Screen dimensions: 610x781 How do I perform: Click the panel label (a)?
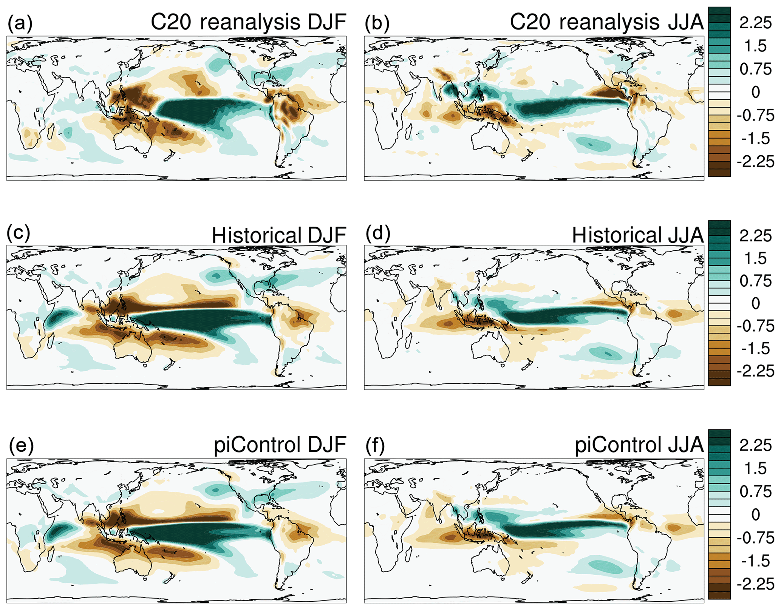(20, 23)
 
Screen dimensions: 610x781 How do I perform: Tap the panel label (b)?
(377, 23)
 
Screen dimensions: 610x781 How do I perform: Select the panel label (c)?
(19, 233)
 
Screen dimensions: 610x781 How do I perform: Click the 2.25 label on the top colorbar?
(755, 23)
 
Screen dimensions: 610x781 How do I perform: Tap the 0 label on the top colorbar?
(755, 92)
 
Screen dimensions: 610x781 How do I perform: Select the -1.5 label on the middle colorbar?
(755, 348)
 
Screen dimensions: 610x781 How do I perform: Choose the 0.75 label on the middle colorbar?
(755, 281)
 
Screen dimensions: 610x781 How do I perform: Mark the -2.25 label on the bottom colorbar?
(755, 584)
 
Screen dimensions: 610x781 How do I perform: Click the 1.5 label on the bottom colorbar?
(755, 468)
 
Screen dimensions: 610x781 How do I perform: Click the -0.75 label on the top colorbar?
(755, 115)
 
